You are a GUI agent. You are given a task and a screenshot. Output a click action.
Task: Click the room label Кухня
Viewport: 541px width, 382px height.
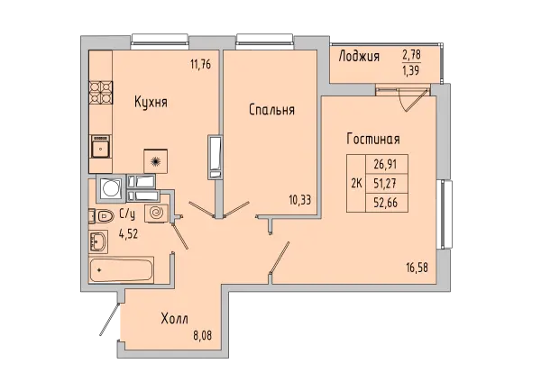tap(151, 103)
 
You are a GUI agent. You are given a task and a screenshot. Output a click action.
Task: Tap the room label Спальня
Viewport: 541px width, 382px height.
tap(272, 110)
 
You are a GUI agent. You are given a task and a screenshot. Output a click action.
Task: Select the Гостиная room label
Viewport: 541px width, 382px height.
tap(373, 139)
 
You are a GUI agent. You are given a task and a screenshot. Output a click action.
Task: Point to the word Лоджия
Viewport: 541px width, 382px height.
tap(359, 56)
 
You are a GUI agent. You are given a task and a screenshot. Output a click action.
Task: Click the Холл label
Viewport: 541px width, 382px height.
tap(175, 319)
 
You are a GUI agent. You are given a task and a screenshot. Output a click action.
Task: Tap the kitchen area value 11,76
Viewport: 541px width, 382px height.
tap(200, 65)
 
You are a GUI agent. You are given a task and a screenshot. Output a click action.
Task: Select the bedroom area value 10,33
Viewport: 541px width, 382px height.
tap(300, 200)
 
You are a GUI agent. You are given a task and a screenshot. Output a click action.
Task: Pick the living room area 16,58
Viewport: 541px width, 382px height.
tap(417, 268)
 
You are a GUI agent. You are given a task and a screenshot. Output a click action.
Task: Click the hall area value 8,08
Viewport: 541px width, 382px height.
tap(202, 335)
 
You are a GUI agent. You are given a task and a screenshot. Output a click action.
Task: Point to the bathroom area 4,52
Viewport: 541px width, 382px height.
tap(128, 234)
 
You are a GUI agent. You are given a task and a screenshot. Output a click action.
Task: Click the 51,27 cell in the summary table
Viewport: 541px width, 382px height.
tap(385, 184)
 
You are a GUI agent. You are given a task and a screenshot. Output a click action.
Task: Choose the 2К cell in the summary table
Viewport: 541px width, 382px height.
tap(356, 184)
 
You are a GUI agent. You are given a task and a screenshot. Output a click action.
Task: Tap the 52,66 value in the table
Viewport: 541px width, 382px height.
tap(386, 203)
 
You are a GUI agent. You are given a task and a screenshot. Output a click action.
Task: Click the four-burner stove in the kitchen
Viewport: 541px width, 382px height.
tap(101, 93)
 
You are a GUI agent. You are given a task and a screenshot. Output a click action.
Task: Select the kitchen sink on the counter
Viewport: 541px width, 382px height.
tap(100, 146)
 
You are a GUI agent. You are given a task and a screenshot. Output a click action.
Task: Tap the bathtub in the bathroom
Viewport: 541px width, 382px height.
tap(121, 270)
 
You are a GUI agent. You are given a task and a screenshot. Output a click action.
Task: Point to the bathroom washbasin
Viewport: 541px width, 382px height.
tap(98, 241)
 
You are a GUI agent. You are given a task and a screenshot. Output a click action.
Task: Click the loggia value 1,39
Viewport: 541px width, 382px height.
tap(411, 71)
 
